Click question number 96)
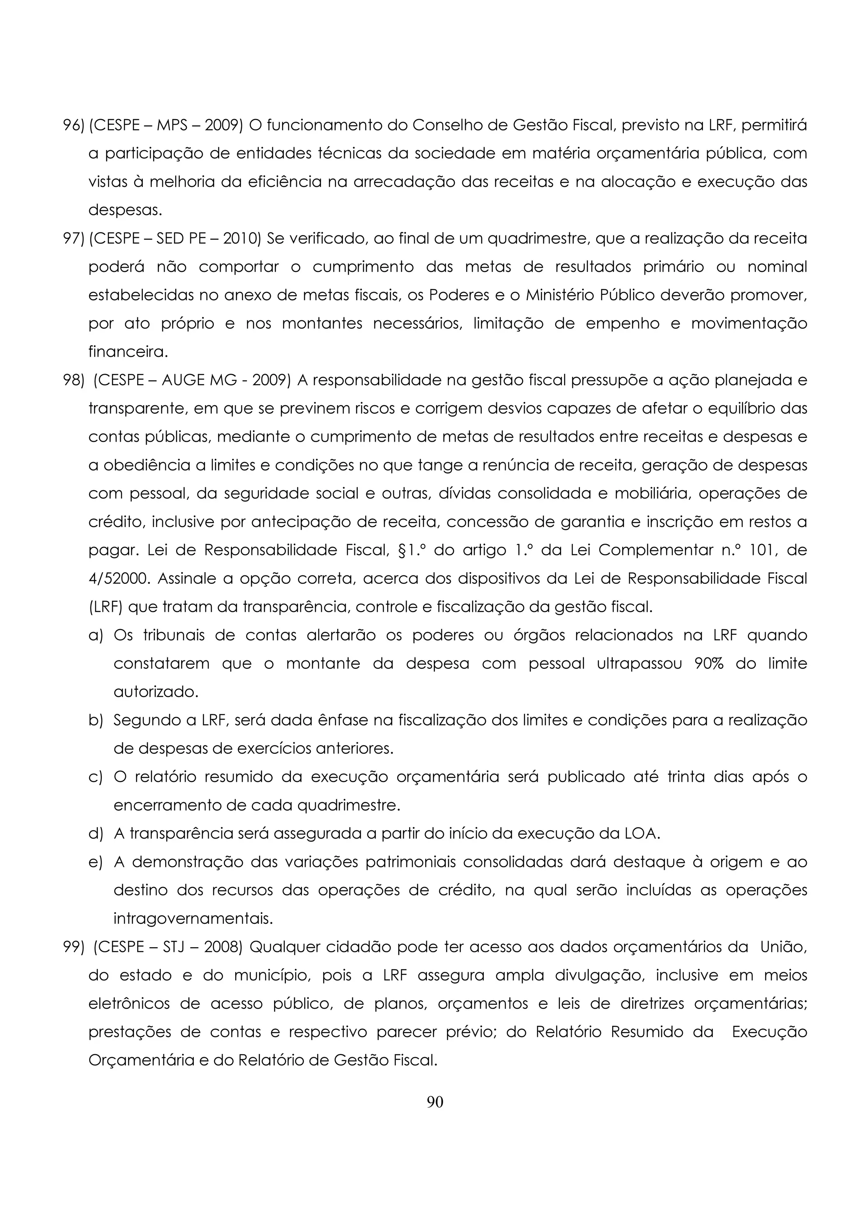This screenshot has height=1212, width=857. pos(73,125)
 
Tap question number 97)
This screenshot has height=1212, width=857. pos(73,239)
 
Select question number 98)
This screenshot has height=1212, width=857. pos(73,380)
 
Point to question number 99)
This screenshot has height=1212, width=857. pos(73,947)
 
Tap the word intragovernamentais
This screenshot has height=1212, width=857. pos(193,918)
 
